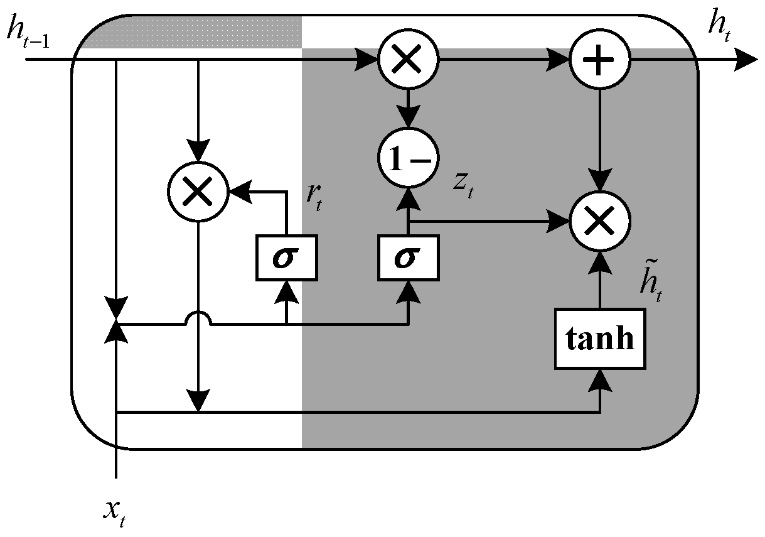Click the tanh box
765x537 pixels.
click(600, 339)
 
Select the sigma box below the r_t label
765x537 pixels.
click(286, 258)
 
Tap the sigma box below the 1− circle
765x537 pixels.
click(408, 258)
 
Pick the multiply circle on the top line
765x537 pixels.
click(408, 60)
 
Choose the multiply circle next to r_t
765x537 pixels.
click(198, 192)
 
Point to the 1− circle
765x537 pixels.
click(408, 157)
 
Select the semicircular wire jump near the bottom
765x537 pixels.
click(198, 318)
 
